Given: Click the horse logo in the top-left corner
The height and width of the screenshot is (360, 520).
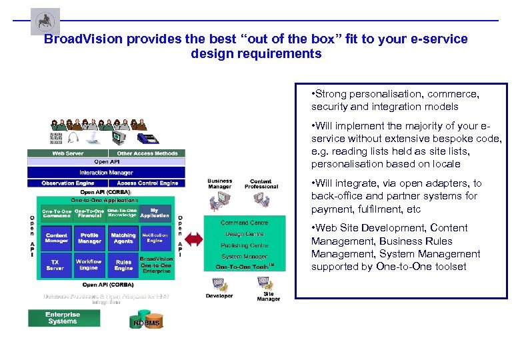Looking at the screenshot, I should point(45,21).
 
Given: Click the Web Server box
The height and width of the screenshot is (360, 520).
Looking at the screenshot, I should point(67,153).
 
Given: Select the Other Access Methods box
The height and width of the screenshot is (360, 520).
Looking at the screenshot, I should point(147,153).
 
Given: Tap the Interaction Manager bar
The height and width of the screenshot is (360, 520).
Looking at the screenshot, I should point(107,173).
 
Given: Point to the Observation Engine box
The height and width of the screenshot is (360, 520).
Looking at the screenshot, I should point(67,183).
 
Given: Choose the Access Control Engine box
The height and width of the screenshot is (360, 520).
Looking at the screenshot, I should point(147,183).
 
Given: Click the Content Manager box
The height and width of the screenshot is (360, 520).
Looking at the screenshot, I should point(56,238).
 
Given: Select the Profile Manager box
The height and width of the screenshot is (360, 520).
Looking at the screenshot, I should point(89,238).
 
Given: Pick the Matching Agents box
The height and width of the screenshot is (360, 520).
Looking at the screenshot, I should point(123,238).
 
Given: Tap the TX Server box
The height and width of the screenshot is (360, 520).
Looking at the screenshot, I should point(56,265).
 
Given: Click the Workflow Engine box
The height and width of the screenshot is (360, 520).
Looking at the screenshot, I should point(89,265).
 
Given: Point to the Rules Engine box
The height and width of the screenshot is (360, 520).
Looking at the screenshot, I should point(123,265).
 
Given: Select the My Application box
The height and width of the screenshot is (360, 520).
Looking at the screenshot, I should point(155,213).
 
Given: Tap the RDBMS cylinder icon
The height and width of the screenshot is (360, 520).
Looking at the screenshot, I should point(146,323).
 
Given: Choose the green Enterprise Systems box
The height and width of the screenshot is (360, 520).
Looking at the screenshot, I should point(63,318).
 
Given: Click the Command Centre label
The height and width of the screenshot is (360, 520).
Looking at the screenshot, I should point(244,223).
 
